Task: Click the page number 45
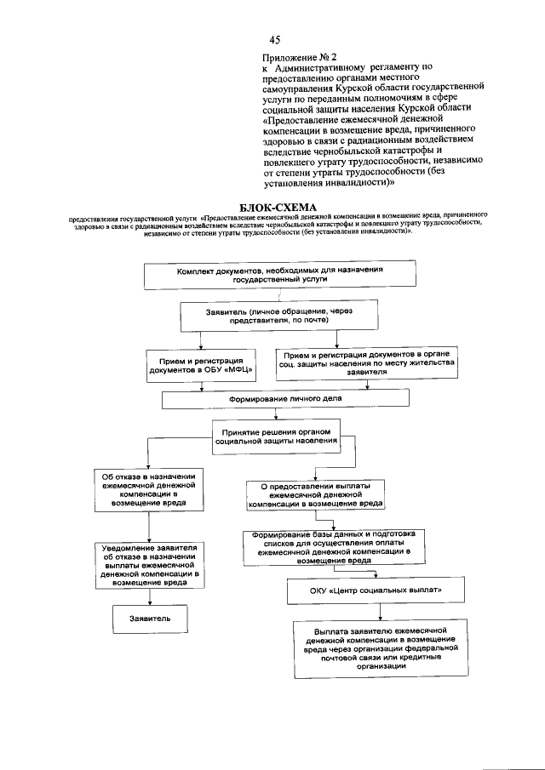275,40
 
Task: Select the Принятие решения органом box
274,436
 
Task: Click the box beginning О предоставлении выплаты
314,493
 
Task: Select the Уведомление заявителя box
148,565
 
